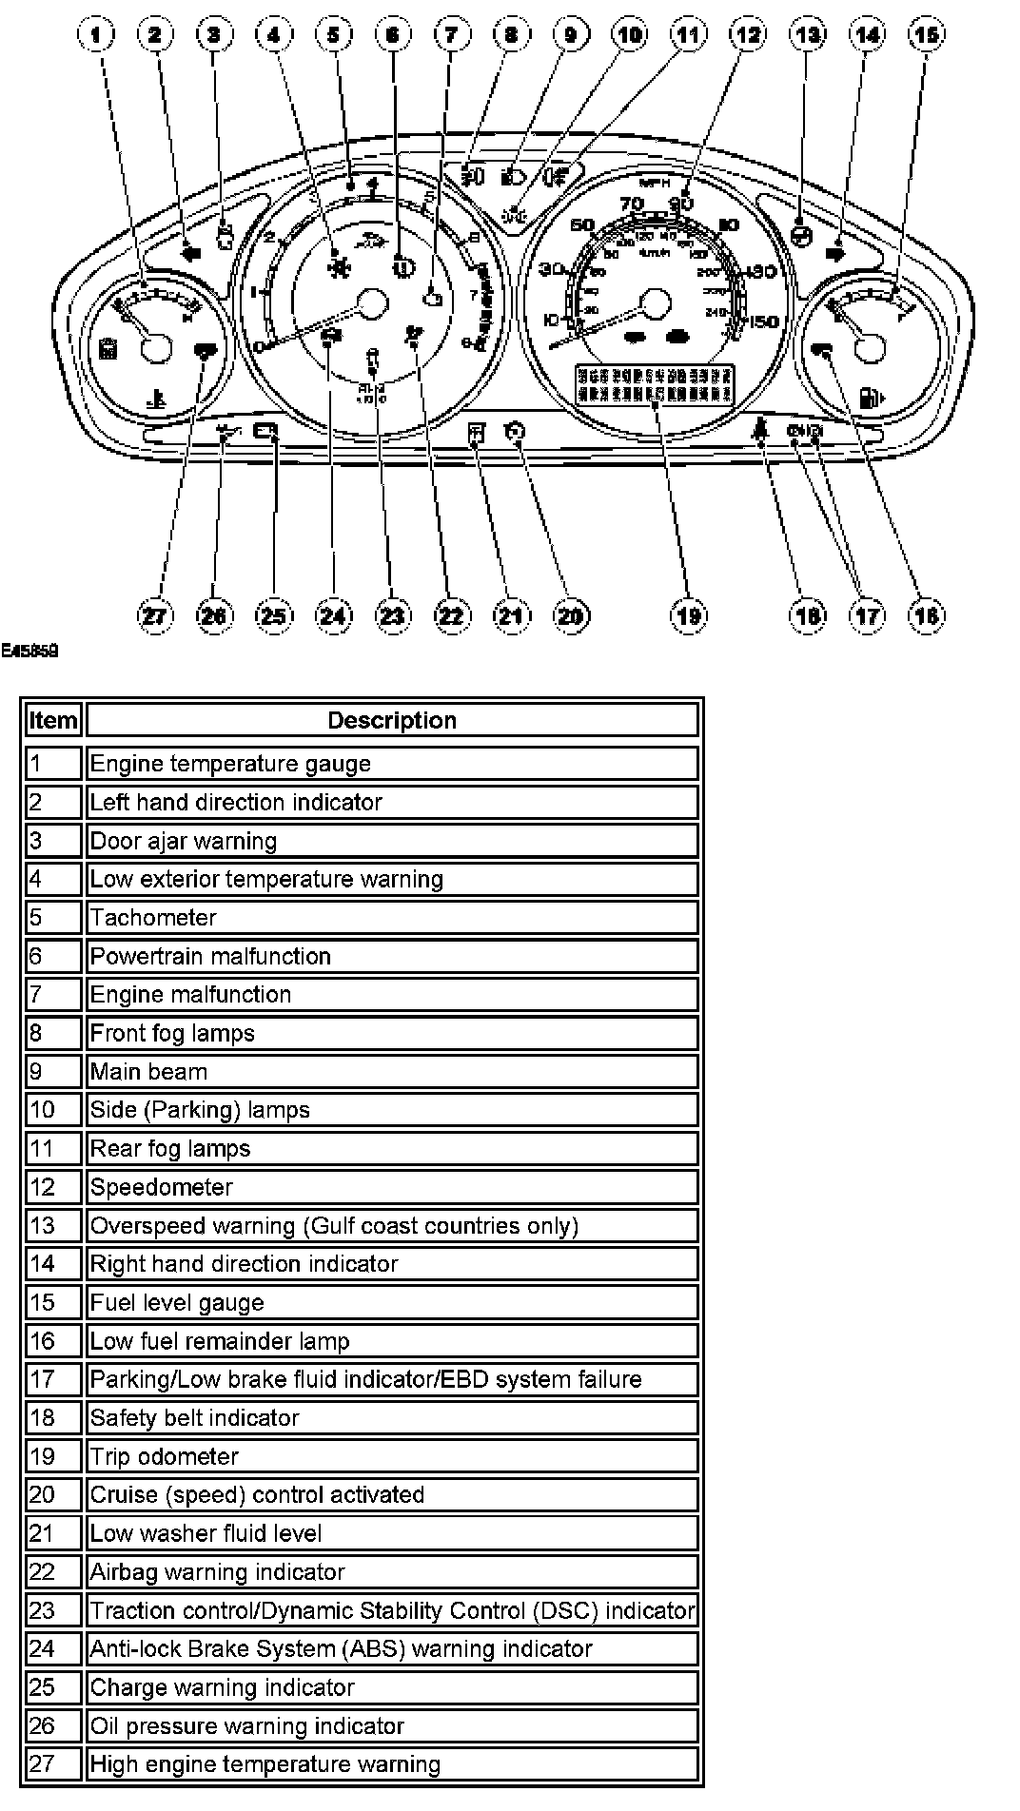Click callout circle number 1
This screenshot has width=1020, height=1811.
click(x=95, y=36)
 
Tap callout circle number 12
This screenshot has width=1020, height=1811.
click(x=747, y=36)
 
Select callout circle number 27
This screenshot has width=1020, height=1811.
click(x=155, y=615)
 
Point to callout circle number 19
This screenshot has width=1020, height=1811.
click(x=688, y=615)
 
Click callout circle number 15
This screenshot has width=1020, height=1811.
click(x=926, y=36)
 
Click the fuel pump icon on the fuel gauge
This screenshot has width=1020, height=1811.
click(x=871, y=397)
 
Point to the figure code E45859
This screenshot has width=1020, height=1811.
click(x=29, y=652)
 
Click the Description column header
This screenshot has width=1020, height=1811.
click(x=391, y=720)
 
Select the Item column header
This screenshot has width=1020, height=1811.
click(x=53, y=720)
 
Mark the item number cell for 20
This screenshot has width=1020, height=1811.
click(x=53, y=1495)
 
